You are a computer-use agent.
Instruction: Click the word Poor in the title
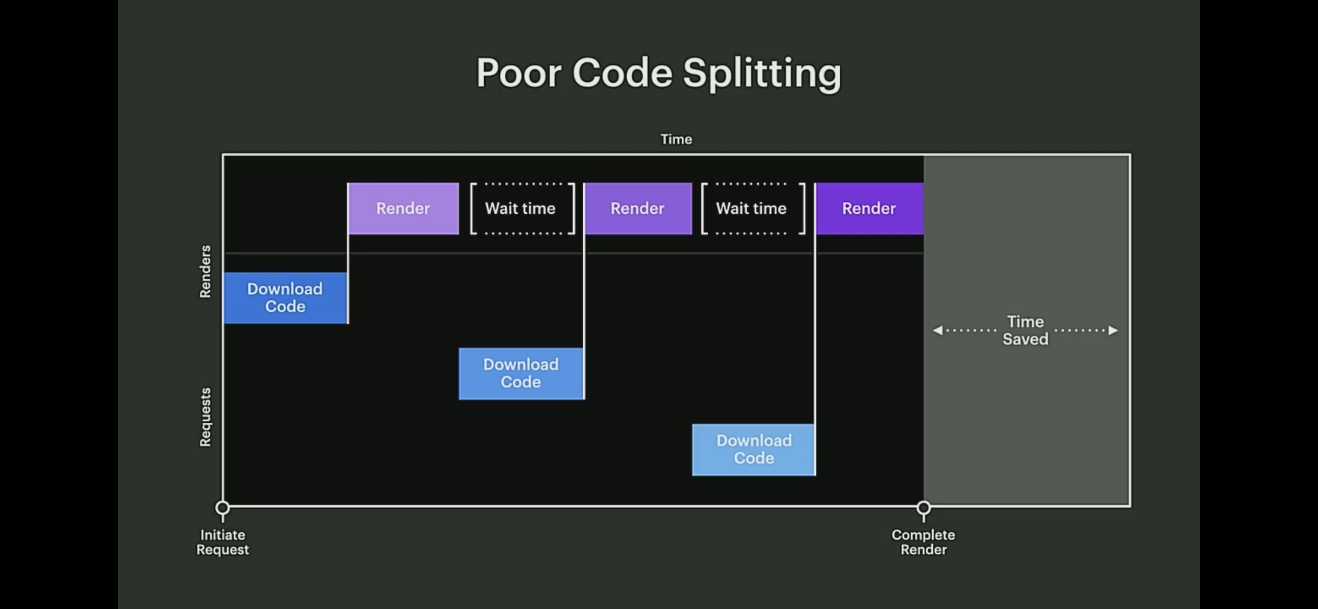(x=518, y=73)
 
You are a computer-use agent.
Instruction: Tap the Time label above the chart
(x=676, y=139)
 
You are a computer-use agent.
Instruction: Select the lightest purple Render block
(x=403, y=208)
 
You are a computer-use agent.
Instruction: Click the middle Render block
(x=638, y=208)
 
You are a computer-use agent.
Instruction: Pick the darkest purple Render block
(x=869, y=208)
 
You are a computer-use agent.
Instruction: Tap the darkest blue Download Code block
(x=285, y=298)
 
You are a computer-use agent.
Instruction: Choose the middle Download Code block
(x=521, y=374)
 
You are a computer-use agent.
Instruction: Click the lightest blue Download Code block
(x=754, y=449)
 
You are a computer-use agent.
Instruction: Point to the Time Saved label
(x=1025, y=330)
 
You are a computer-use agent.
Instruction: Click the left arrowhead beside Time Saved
(x=938, y=330)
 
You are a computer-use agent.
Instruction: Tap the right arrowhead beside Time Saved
(x=1113, y=330)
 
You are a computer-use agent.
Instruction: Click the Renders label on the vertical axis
(x=205, y=271)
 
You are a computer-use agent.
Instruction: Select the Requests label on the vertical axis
(x=205, y=417)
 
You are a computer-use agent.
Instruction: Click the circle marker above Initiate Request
(x=222, y=508)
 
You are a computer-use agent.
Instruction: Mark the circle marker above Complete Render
(x=924, y=508)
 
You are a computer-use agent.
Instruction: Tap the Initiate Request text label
(x=222, y=542)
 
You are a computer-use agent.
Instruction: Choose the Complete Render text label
(x=924, y=542)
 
